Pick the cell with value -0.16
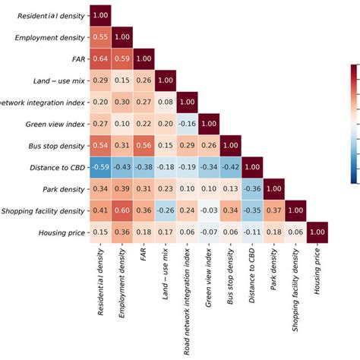coord(188,123)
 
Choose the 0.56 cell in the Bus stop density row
coord(144,145)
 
